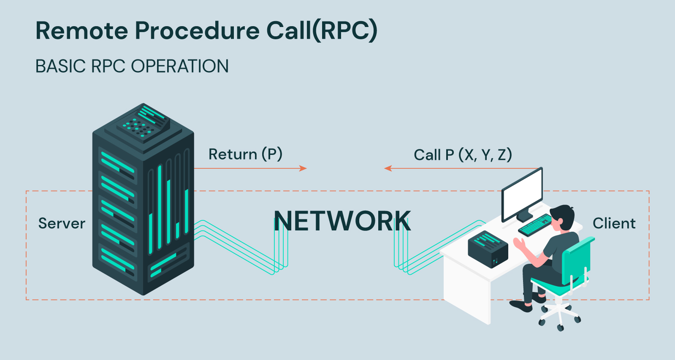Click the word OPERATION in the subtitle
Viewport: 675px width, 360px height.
click(180, 66)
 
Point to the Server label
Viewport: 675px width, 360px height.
click(62, 223)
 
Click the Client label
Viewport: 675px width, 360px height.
click(614, 223)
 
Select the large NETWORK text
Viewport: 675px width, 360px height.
click(342, 221)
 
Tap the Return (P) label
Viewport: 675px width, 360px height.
click(245, 154)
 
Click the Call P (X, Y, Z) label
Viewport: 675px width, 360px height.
click(463, 155)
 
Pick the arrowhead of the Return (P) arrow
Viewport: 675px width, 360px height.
click(304, 168)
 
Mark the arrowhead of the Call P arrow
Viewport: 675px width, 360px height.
click(388, 168)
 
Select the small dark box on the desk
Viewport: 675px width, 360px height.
click(488, 249)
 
